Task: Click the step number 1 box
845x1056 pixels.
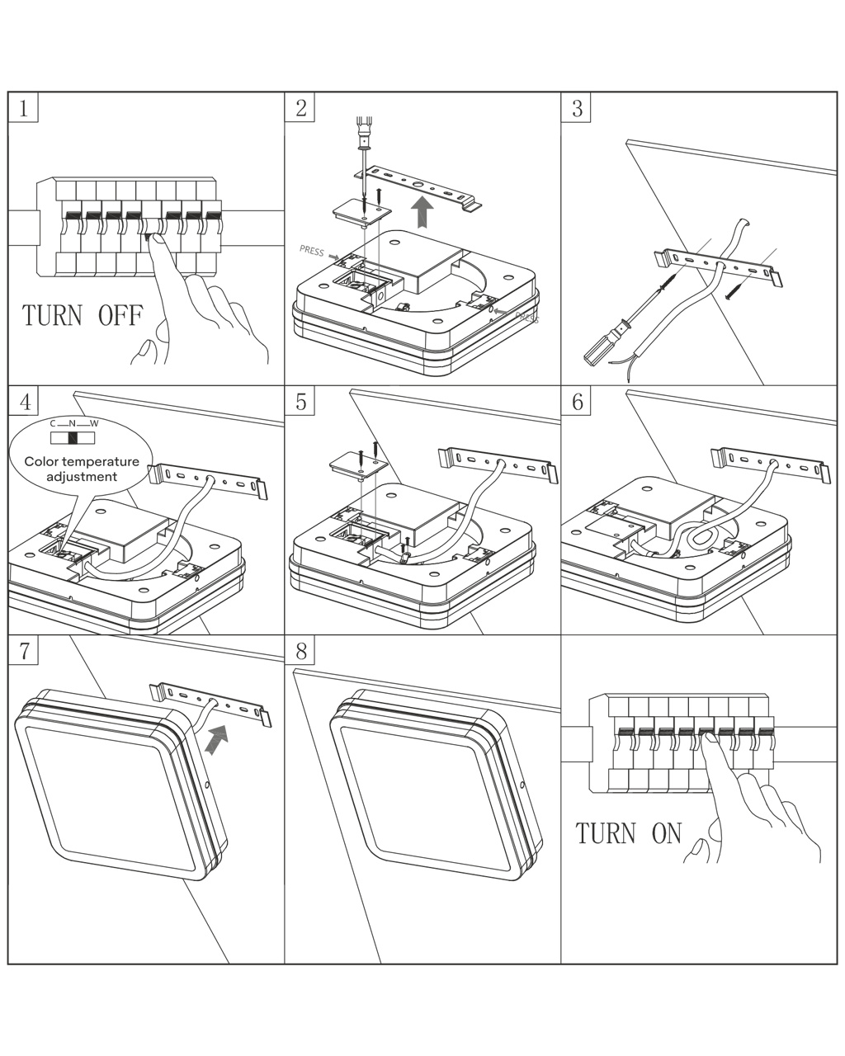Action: click(x=25, y=107)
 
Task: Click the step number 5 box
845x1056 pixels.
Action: click(x=300, y=401)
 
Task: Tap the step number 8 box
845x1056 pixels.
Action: click(x=300, y=651)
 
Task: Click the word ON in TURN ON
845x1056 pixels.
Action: click(x=667, y=833)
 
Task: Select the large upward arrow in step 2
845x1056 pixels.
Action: click(x=424, y=211)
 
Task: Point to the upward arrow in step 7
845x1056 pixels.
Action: click(x=216, y=739)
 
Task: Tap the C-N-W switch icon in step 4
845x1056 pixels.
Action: click(x=72, y=437)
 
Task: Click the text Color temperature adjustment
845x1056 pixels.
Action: click(x=82, y=469)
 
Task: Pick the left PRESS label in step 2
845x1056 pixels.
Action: click(x=312, y=251)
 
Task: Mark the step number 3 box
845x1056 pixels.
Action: click(x=577, y=107)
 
